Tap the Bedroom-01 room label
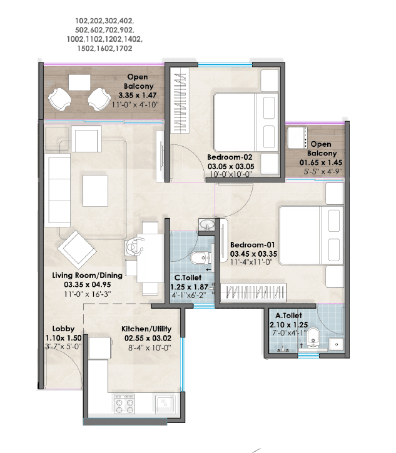pyautogui.click(x=253, y=245)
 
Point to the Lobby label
pyautogui.click(x=64, y=329)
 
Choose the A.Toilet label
pyautogui.click(x=287, y=316)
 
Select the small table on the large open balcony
pyautogui.click(x=79, y=82)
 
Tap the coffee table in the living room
pyautogui.click(x=97, y=186)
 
